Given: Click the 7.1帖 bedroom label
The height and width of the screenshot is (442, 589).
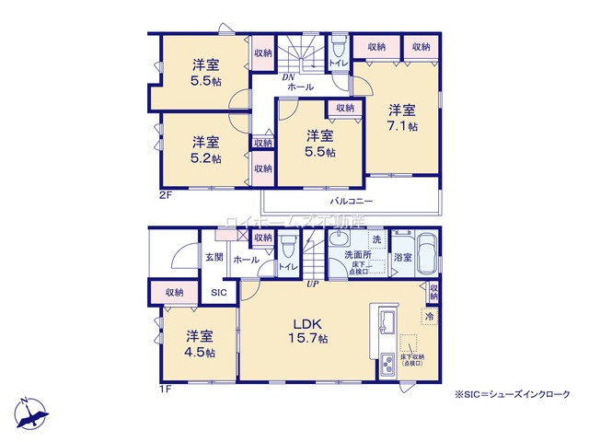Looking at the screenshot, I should point(402,116).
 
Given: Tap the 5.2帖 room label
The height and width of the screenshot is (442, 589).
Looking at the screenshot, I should point(206,150).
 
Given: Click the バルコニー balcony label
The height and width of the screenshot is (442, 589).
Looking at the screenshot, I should point(351,200).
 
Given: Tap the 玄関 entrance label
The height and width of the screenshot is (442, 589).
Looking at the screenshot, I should point(214,257).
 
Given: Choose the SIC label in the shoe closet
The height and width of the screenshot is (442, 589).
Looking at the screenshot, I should point(219,292).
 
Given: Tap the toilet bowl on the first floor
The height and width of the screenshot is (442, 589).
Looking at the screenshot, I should point(287,248).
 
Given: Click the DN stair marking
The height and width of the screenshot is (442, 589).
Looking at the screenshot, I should point(288,77).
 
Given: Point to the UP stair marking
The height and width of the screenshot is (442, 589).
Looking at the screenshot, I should point(313,284).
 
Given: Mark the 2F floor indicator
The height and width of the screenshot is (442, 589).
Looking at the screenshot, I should point(165,196).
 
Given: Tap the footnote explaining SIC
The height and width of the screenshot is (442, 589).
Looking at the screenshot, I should point(512,394).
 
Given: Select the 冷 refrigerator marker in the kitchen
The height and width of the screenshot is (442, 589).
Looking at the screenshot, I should point(428,318).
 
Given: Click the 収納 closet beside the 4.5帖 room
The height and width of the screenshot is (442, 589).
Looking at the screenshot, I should point(174,292).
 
